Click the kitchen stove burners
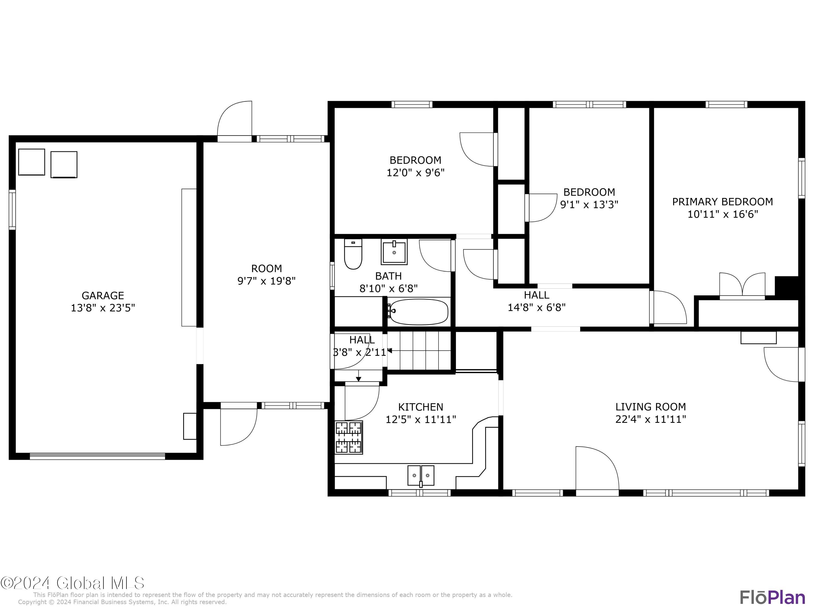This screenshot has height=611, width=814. coord(348,437)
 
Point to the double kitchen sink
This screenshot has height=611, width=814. coord(421,475)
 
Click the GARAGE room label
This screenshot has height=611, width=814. coord(103,295)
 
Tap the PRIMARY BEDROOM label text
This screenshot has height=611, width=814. coord(722,202)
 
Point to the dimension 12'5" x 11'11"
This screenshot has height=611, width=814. coord(421,420)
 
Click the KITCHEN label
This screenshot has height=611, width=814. coord(421,407)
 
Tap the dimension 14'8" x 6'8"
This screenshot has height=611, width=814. coord(536,307)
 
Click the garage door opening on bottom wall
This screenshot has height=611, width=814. coord(97,456)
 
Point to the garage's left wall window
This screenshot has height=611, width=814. coord(12,210)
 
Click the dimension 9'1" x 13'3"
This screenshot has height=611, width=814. coord(589,204)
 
